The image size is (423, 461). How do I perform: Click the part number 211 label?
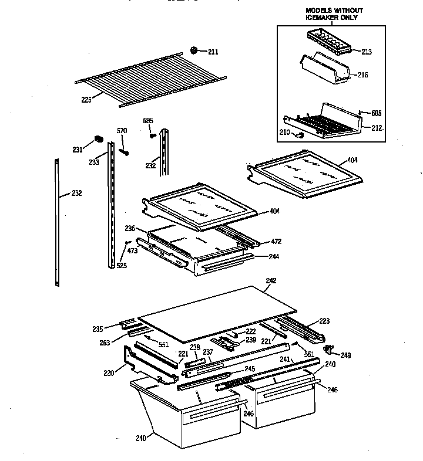(213, 52)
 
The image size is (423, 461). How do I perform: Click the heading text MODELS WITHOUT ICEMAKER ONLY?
(334, 14)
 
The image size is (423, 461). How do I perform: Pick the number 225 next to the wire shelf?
(86, 100)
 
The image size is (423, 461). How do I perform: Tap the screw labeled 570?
(123, 151)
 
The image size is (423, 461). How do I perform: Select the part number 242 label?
(271, 281)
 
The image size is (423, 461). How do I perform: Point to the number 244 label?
(274, 256)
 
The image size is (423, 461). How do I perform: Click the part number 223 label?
(324, 321)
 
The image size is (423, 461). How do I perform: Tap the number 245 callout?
(250, 369)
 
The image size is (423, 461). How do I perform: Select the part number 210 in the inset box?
(285, 133)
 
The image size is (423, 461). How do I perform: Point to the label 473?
(132, 250)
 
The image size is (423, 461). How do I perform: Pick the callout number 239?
(251, 340)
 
